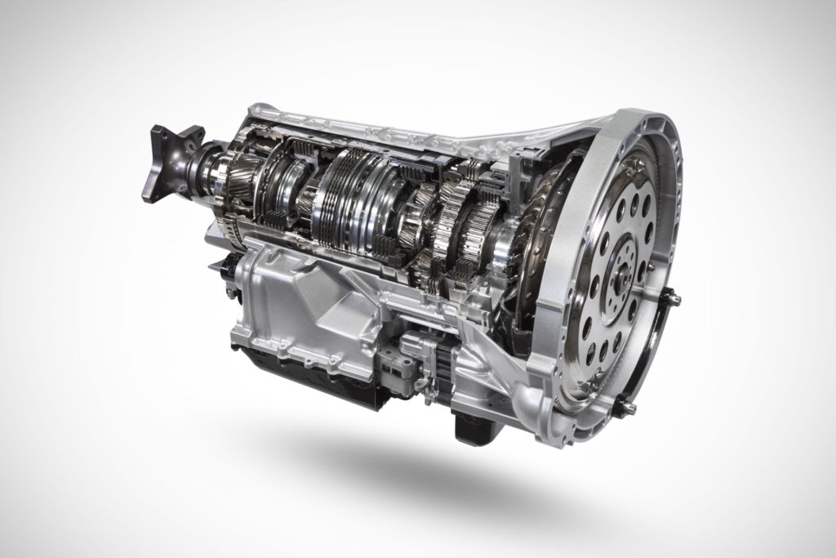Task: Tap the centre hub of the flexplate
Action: [622, 270]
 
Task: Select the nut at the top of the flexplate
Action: [636, 165]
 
